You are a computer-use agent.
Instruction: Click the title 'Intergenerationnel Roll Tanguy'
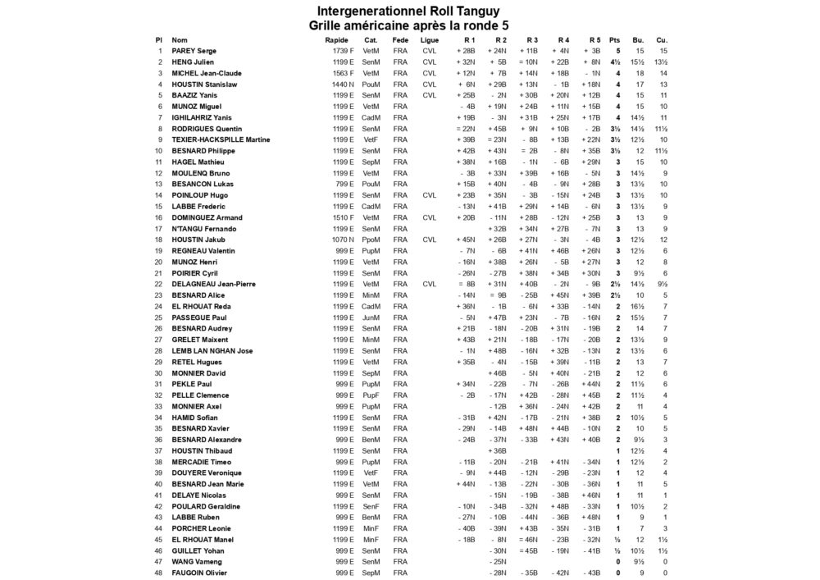tap(408, 11)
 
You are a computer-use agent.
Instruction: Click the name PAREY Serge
tap(194, 51)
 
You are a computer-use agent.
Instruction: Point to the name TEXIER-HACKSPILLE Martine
tap(221, 139)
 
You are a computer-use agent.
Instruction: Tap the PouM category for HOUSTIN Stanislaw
tap(371, 84)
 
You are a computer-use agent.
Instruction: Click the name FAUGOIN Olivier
tap(200, 572)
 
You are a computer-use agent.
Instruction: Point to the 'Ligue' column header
tap(429, 39)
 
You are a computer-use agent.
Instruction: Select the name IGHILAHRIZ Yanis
tap(202, 117)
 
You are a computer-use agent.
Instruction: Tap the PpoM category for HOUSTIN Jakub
tap(371, 240)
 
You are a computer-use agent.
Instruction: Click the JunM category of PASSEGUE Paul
tap(371, 317)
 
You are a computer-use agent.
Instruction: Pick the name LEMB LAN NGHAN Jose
tap(212, 350)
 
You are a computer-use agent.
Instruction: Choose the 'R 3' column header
tap(531, 39)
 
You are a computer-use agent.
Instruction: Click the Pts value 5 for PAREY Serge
tap(617, 51)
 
